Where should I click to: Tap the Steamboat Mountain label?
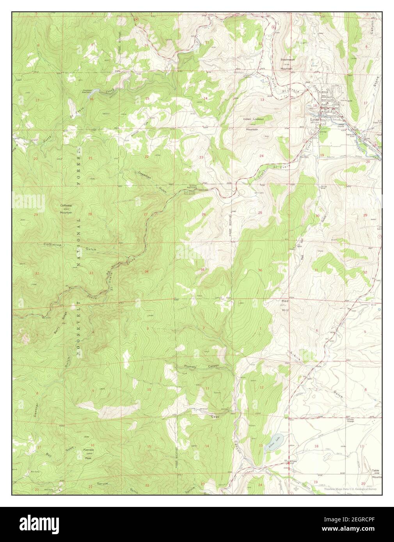tap(288, 64)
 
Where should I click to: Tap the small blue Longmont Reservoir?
tap(91, 94)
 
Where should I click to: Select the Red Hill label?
tap(285, 306)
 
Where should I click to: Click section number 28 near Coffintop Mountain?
tap(90, 214)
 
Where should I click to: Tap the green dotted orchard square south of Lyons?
tap(326, 150)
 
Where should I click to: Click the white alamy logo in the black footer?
tap(32, 526)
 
